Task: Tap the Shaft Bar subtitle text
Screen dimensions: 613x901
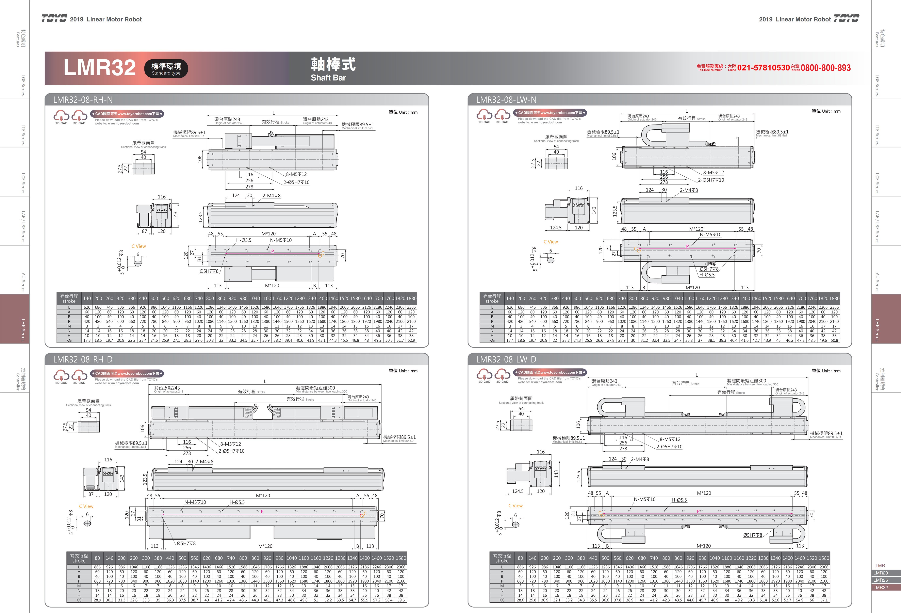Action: click(328, 78)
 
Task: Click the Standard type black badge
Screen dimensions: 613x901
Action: click(166, 69)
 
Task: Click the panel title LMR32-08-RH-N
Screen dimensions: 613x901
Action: click(83, 100)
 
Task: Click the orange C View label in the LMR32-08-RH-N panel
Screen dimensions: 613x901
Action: click(138, 246)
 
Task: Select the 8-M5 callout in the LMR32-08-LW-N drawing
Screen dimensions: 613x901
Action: click(713, 173)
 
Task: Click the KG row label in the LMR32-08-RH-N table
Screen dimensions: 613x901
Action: click(69, 340)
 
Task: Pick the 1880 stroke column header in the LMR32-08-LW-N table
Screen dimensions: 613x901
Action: click(834, 299)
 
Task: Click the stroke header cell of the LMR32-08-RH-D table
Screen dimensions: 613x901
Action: click(79, 558)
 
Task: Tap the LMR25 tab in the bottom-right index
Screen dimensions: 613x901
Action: click(881, 580)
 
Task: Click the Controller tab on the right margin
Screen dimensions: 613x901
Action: click(879, 379)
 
